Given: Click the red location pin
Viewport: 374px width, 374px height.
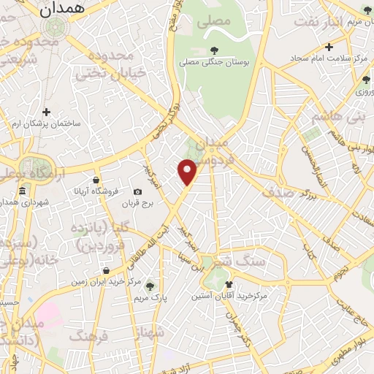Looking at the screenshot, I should (188, 172).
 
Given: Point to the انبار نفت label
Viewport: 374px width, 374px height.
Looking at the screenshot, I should (320, 21).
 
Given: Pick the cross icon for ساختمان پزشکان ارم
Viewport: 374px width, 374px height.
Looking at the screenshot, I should (46, 112).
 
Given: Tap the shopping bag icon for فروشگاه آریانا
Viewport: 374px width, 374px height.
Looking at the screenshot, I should (96, 180).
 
